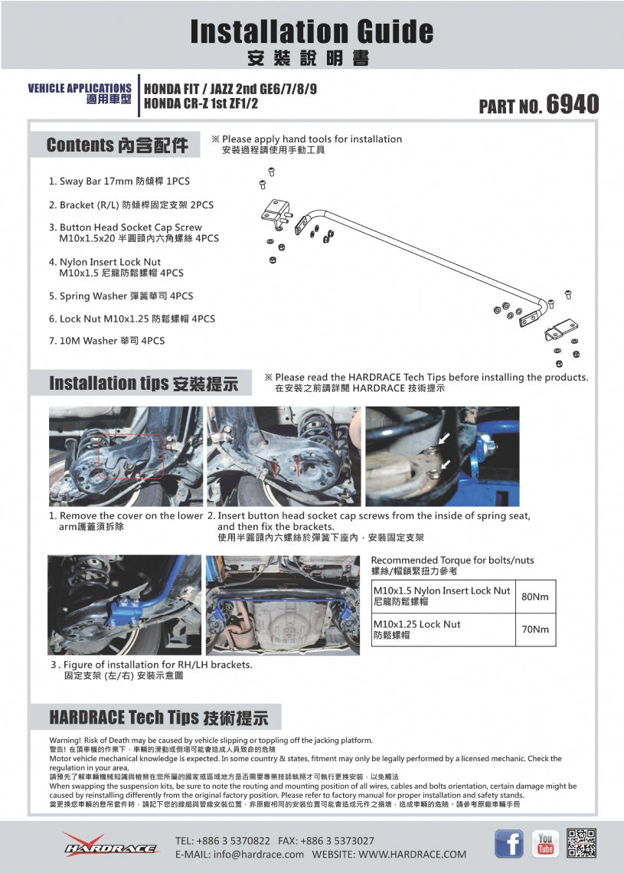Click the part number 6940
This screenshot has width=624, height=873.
572,104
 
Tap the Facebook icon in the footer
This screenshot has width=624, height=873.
509,843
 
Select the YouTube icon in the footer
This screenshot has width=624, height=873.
545,843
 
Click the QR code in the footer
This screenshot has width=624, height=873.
582,843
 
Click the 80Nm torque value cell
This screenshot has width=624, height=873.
534,597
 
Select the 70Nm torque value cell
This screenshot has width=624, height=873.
534,629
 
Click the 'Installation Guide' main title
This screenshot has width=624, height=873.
312,31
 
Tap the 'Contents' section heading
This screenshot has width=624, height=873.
116,145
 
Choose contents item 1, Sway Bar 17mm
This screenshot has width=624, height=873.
119,181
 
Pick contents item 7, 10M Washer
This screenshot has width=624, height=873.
106,341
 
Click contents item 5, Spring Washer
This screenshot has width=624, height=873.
121,296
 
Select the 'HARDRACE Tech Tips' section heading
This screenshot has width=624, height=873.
158,718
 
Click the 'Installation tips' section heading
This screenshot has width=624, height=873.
143,383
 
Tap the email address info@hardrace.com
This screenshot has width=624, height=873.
240,854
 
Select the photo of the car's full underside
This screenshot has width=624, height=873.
283,605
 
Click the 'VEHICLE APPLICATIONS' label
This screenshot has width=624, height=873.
80,89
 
